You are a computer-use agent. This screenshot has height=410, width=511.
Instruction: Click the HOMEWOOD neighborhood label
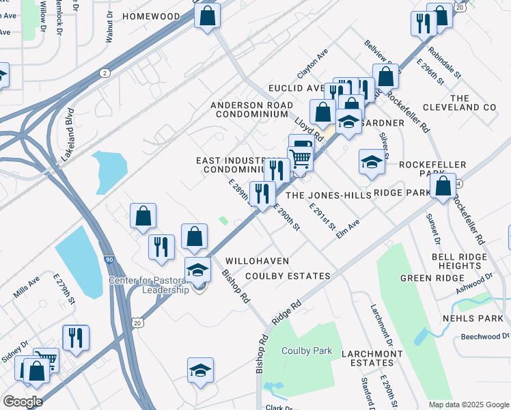click(152, 16)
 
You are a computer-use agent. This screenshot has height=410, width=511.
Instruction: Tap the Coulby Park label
click(307, 351)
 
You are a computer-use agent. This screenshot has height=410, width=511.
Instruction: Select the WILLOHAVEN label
click(258, 261)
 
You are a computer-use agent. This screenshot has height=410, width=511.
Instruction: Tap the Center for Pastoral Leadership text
click(147, 285)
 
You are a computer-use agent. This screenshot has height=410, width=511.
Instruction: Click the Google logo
click(23, 402)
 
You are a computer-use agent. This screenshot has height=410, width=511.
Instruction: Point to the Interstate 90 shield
click(110, 260)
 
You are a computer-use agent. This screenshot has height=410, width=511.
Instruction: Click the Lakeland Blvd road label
click(68, 136)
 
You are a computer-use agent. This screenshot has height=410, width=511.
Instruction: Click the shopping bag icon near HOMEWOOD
click(208, 15)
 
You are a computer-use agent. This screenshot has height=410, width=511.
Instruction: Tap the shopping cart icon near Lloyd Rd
click(301, 159)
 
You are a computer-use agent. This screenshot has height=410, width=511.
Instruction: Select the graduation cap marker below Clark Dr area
click(200, 370)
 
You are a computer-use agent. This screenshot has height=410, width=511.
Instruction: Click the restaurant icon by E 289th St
click(262, 193)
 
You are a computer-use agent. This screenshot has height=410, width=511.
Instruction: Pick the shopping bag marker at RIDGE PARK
click(443, 186)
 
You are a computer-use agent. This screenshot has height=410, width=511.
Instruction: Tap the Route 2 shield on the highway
click(105, 72)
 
